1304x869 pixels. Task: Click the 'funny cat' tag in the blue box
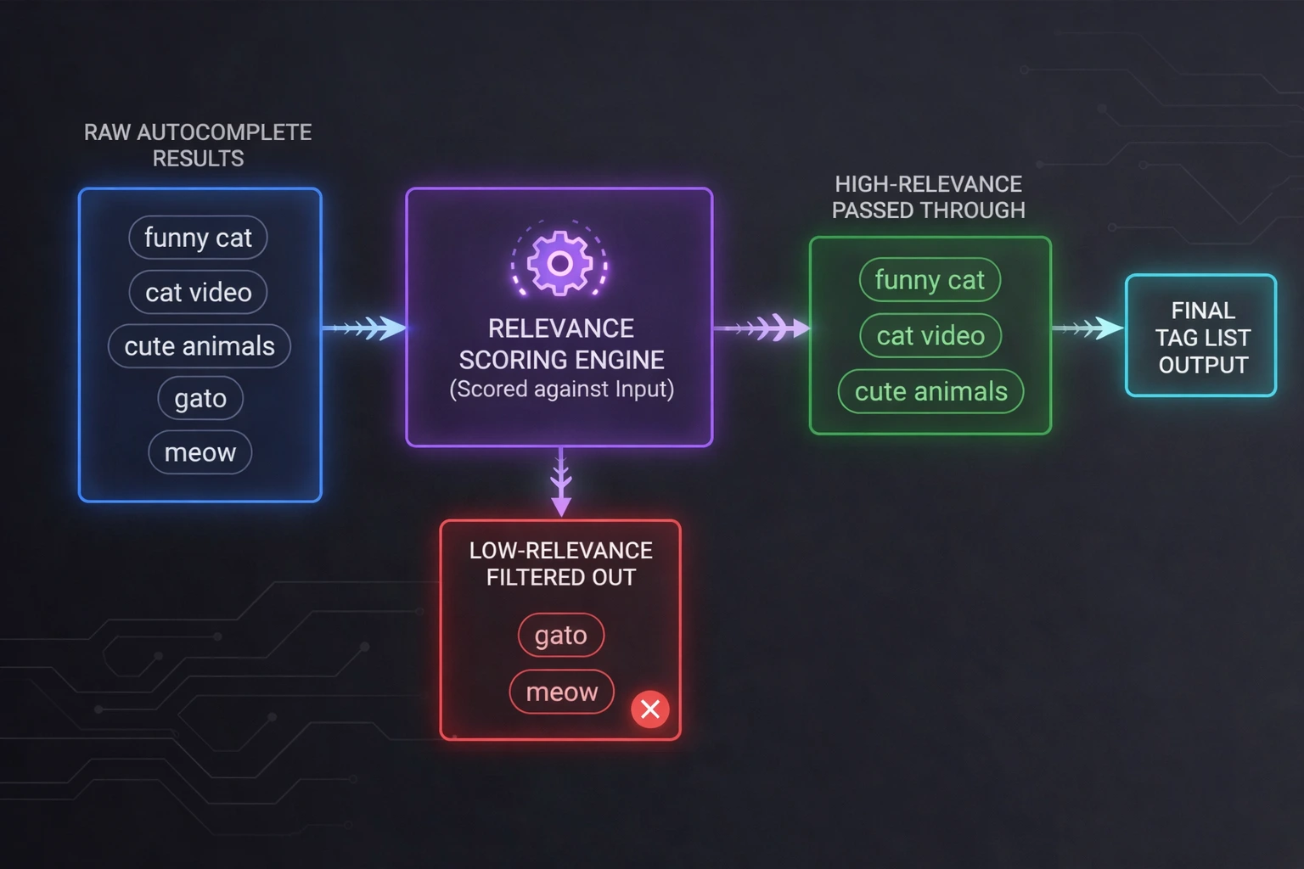[x=198, y=238]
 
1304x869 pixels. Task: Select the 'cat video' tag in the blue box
[x=198, y=292]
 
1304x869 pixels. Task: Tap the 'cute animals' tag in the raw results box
[x=200, y=346]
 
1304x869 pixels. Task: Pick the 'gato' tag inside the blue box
[x=200, y=398]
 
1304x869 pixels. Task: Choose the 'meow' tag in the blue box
[x=200, y=452]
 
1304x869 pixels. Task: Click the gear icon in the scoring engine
[x=559, y=263]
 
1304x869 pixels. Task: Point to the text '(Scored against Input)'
[x=561, y=389]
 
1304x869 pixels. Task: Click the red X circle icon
[x=650, y=709]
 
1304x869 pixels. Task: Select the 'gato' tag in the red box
[x=561, y=635]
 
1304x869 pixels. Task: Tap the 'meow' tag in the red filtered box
[x=561, y=692]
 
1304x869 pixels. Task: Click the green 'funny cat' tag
[x=930, y=280]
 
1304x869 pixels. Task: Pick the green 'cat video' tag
[x=930, y=336]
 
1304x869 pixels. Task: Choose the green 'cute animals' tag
[x=930, y=391]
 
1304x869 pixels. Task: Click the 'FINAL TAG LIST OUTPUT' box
[x=1201, y=336]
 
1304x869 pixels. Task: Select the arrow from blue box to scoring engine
[x=365, y=328]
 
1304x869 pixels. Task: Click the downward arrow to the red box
[x=560, y=482]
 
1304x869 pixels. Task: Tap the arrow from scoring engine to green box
[x=762, y=328]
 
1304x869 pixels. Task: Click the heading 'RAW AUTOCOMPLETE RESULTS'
[x=198, y=145]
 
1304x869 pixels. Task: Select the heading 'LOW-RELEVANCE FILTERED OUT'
[x=560, y=563]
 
